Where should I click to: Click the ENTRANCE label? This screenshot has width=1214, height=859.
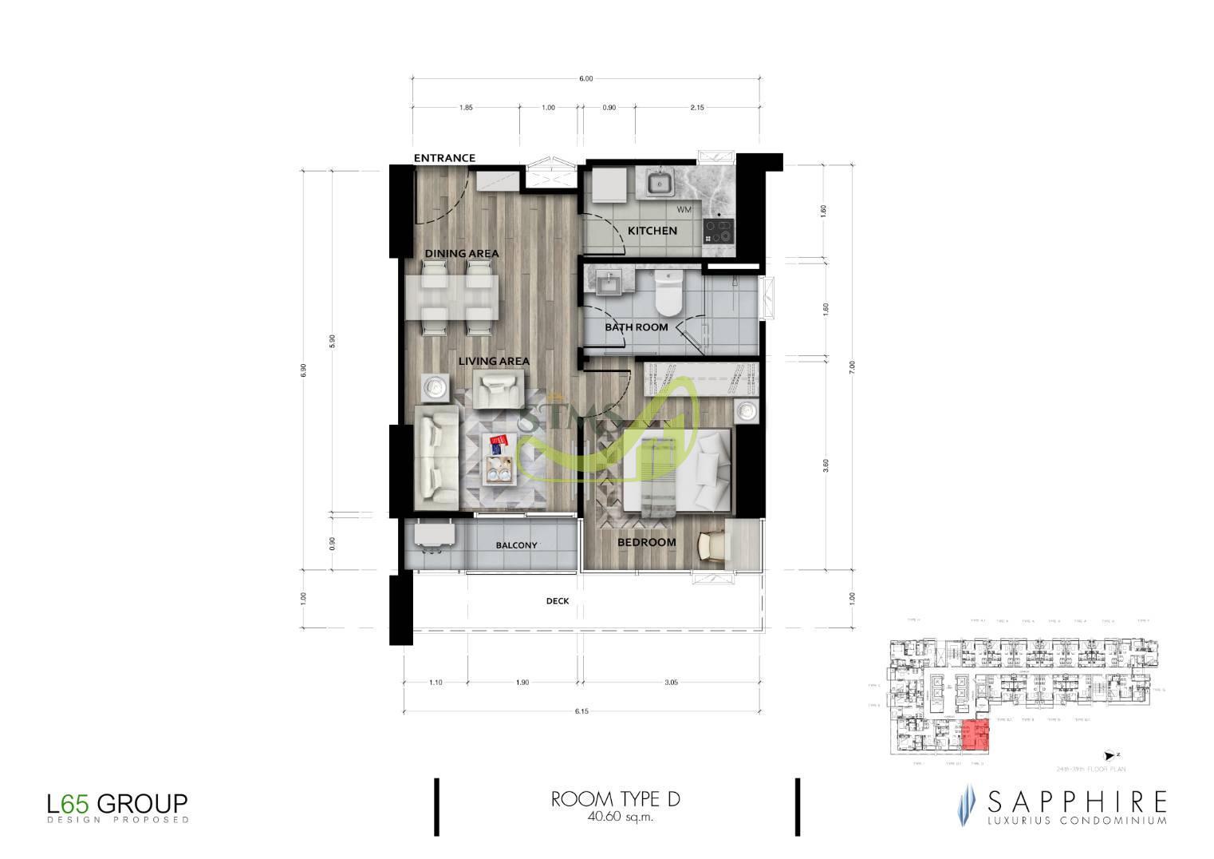(x=444, y=158)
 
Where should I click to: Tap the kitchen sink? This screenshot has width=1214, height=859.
(x=660, y=184)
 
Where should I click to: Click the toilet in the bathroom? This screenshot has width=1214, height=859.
(x=666, y=291)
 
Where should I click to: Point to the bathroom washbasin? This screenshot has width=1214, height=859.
(x=610, y=282)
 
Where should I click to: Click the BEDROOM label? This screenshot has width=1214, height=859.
(x=647, y=542)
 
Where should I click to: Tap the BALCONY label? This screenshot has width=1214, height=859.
(x=516, y=545)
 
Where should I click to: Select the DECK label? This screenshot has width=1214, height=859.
(x=558, y=601)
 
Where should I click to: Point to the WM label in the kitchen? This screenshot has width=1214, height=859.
(x=684, y=210)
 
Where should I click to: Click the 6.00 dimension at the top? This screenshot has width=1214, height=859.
(x=585, y=79)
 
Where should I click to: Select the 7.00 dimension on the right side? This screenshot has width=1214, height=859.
(x=852, y=366)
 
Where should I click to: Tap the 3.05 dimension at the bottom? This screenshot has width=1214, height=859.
(x=671, y=683)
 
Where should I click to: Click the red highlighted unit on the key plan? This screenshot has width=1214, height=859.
(x=975, y=734)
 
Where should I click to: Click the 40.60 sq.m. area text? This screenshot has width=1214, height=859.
(x=615, y=817)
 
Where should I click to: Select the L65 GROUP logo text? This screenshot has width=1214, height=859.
(x=117, y=802)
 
